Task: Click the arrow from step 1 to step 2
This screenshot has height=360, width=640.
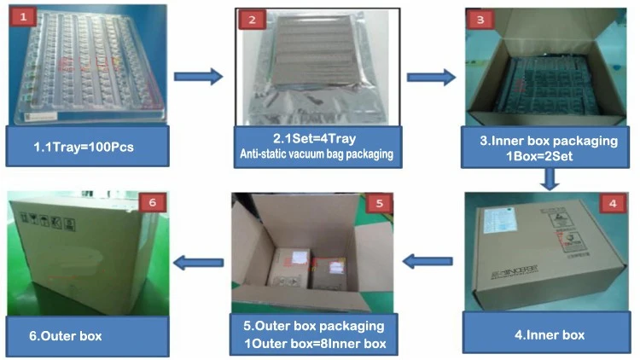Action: (197, 77)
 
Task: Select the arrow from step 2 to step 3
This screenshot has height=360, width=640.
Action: (429, 77)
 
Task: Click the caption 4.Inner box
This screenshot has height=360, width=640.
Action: (550, 334)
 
